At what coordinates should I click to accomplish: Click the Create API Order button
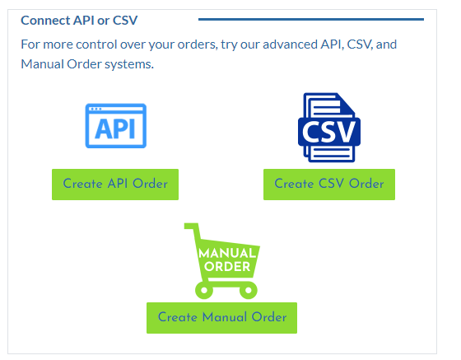point(115,185)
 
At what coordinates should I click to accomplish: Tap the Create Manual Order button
point(221,318)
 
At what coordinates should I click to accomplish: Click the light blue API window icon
point(116,125)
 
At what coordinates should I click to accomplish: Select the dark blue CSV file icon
point(329,128)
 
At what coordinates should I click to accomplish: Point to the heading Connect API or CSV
point(79,21)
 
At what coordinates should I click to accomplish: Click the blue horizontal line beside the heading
point(311,20)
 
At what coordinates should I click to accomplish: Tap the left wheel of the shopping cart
point(204,290)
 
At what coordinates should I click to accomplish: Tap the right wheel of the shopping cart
point(249,290)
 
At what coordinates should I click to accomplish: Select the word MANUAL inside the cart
point(227,253)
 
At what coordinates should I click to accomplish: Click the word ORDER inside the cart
point(227,267)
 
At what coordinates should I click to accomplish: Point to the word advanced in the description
point(290,44)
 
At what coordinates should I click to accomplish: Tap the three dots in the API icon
point(95,109)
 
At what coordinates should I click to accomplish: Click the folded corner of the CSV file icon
point(346,104)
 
